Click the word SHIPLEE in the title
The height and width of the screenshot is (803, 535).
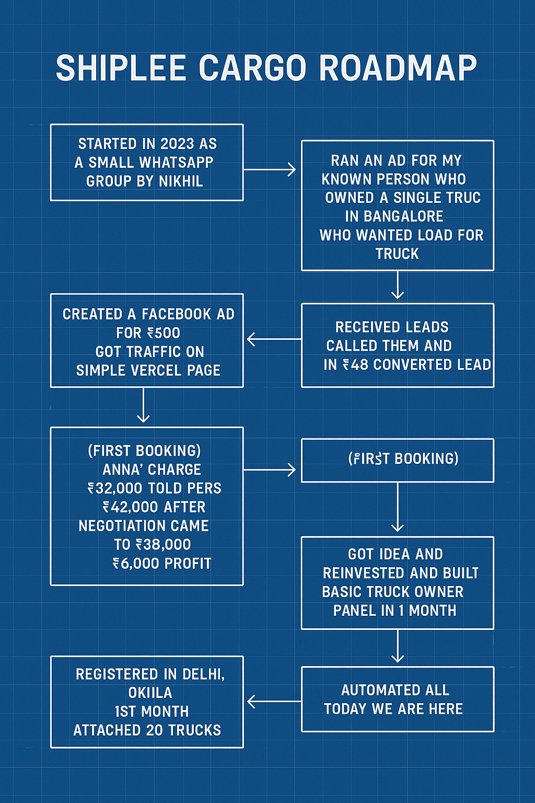pos(121,68)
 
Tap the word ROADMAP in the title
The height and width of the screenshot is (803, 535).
pos(398,68)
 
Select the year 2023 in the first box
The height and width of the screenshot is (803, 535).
pos(177,144)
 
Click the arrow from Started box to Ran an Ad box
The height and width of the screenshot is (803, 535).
pos(270,169)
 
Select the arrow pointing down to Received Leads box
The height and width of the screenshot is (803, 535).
pos(398,285)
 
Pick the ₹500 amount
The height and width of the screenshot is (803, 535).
pos(164,333)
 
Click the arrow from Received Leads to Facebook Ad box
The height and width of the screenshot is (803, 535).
pos(274,339)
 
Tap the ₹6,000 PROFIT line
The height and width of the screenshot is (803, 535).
pos(162,563)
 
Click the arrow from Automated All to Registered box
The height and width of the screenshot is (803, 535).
pos(274,702)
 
